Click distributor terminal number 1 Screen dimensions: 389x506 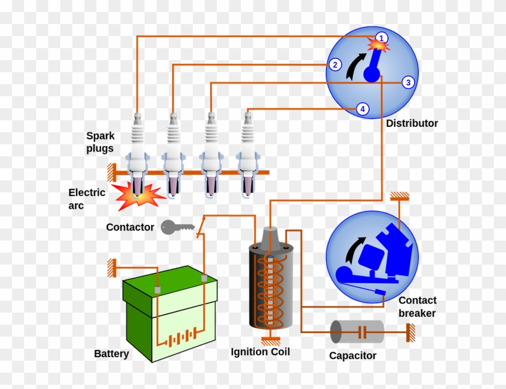[381, 38]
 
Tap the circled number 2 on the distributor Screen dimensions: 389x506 [336, 65]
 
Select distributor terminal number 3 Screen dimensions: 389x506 [408, 82]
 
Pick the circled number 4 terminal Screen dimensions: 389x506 [362, 109]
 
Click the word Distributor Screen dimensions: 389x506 [412, 124]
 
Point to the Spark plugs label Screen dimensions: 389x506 [100, 142]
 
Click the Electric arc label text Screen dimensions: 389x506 [87, 199]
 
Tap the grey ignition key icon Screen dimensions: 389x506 [176, 227]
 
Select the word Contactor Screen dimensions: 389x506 [130, 228]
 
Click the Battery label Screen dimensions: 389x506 [111, 354]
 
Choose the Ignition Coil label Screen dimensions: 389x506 [260, 352]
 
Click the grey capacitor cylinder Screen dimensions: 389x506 [357, 332]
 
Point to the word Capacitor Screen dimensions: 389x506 [352, 356]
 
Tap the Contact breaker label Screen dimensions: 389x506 [417, 307]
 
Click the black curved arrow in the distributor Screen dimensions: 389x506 [355, 66]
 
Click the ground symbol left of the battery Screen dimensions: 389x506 [111, 268]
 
